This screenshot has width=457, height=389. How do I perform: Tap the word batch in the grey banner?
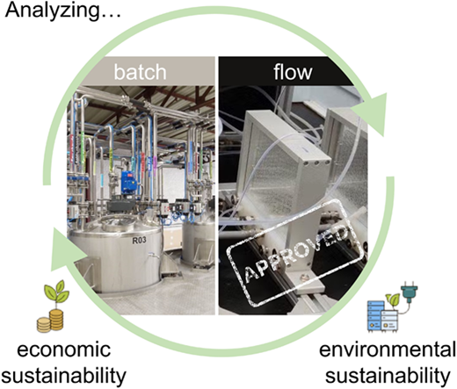(x=140, y=72)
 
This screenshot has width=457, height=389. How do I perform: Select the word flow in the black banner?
(x=293, y=71)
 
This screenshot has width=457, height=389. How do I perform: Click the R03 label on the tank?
(x=139, y=241)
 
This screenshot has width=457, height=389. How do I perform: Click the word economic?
(x=64, y=349)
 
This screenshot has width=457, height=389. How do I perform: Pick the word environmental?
(x=387, y=349)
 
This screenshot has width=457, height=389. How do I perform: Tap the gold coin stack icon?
(x=50, y=321)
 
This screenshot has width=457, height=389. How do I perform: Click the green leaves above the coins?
(x=56, y=292)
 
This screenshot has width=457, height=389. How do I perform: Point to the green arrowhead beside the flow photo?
(x=370, y=113)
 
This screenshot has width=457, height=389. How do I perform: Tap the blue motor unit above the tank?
(x=128, y=183)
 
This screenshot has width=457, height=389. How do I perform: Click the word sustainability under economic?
(x=64, y=376)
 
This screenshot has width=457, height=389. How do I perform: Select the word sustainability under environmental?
(x=388, y=376)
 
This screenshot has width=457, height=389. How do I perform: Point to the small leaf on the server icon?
(x=394, y=299)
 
